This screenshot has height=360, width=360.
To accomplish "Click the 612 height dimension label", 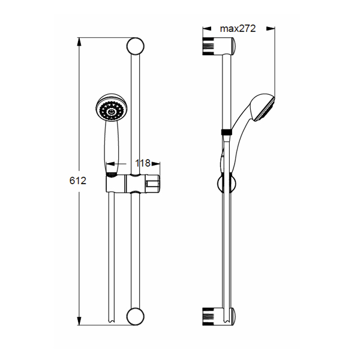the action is (78, 181).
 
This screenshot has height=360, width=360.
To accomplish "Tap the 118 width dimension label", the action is (143, 163).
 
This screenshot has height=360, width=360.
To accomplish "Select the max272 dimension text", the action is (238, 28).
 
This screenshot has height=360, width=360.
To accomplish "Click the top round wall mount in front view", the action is (135, 46).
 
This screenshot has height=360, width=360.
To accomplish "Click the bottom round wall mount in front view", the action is (135, 316).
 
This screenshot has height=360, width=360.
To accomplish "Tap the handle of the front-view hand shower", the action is (112, 147).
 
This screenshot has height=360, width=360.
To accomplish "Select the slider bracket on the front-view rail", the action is (133, 183).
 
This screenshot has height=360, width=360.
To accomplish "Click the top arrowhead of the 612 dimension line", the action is (79, 42).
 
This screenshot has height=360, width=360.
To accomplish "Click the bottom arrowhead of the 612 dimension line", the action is (79, 321).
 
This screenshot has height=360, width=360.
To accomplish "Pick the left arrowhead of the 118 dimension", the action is (110, 164).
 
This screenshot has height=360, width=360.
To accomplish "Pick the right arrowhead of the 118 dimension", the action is (156, 164).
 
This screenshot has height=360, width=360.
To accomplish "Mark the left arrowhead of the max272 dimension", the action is (207, 29).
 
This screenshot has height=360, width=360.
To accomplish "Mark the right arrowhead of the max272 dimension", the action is (271, 29).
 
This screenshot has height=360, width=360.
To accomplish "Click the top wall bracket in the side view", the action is (219, 46).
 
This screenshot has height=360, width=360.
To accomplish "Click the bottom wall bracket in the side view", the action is (219, 317).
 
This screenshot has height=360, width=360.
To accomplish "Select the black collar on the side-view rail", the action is (227, 132).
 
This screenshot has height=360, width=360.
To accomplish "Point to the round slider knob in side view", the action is (226, 184).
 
